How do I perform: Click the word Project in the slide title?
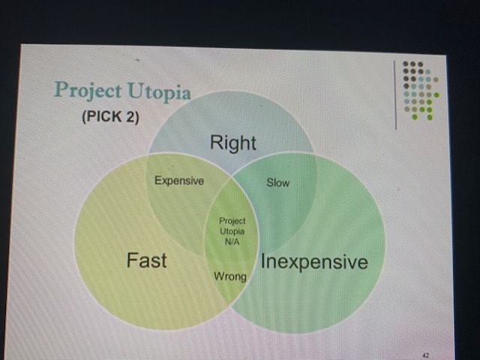pyautogui.click(x=88, y=90)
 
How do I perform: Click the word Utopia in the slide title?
pyautogui.click(x=159, y=91)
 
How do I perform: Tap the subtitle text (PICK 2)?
pyautogui.click(x=110, y=117)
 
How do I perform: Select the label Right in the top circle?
pyautogui.click(x=233, y=143)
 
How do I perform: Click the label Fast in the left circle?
pyautogui.click(x=147, y=260)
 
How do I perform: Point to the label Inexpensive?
pyautogui.click(x=314, y=262)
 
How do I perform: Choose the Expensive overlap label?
pyautogui.click(x=179, y=181)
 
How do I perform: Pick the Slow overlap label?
pyautogui.click(x=278, y=182)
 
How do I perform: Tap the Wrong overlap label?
pyautogui.click(x=230, y=277)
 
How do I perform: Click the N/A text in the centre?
pyautogui.click(x=232, y=241)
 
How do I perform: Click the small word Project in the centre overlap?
pyautogui.click(x=232, y=220)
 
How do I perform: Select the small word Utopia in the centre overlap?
pyautogui.click(x=232, y=232)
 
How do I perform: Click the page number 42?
pyautogui.click(x=425, y=355)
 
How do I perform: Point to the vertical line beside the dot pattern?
pyautogui.click(x=395, y=95)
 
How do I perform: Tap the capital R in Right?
pyautogui.click(x=217, y=142)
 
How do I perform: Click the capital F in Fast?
pyautogui.click(x=132, y=260)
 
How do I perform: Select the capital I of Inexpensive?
pyautogui.click(x=263, y=262)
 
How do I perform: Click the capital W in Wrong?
pyautogui.click(x=219, y=276)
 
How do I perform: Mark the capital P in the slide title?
pyautogui.click(x=61, y=89)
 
